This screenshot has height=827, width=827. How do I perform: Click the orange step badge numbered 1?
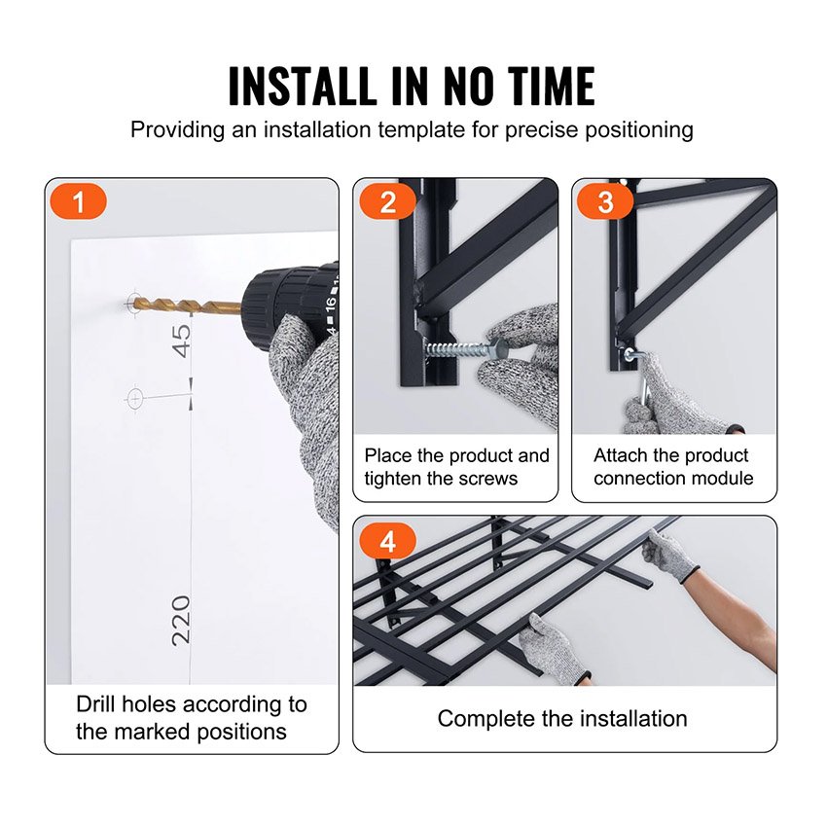[x=78, y=201]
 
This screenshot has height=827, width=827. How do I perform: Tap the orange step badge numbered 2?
[x=387, y=201]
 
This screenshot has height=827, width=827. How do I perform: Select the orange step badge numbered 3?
[x=605, y=201]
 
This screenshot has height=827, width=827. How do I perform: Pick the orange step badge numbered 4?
[x=387, y=541]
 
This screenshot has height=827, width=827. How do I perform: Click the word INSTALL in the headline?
[x=302, y=86]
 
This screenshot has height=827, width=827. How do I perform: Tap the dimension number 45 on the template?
[x=181, y=341]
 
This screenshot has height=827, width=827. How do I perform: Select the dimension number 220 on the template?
[x=181, y=621]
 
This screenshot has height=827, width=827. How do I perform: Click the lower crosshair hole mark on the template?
[x=135, y=398]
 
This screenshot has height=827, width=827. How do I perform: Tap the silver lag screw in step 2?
[x=462, y=349]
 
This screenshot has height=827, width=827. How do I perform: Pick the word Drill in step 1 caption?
[x=95, y=704]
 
